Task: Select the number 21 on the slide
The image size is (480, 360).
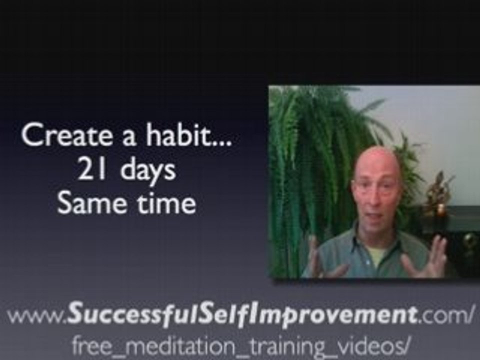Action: click(91, 170)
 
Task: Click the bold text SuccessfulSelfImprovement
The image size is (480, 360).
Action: click(242, 315)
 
